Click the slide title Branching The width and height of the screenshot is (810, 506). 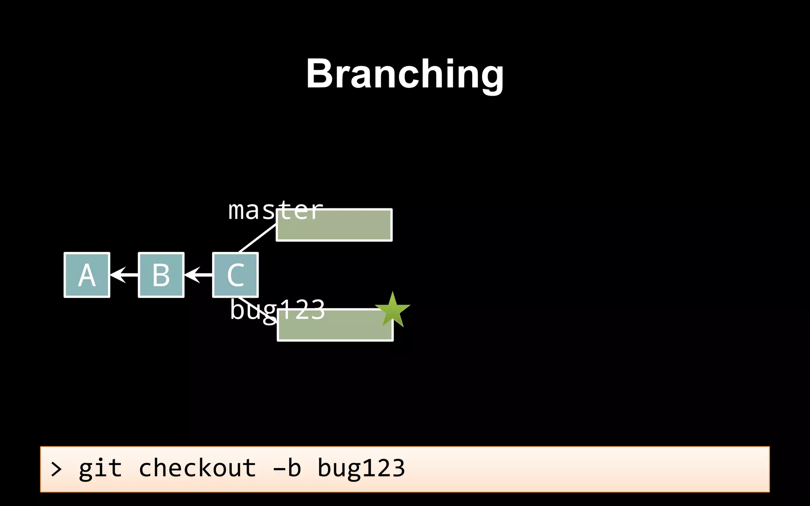(405, 74)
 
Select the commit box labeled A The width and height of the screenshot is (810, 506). (87, 275)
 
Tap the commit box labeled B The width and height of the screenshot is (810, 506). (161, 275)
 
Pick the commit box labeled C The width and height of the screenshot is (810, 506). (235, 275)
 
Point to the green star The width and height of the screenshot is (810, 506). (392, 311)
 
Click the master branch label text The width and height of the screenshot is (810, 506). (275, 210)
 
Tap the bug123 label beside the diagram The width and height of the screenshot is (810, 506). (277, 310)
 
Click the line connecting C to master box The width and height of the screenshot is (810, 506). (257, 238)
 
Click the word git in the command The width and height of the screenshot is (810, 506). (100, 469)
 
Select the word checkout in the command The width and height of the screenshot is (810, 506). (197, 468)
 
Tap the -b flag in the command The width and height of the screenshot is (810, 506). (287, 468)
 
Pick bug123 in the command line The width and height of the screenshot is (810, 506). (361, 469)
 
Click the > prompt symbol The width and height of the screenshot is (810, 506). (56, 470)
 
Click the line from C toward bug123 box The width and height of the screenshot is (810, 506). (253, 307)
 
